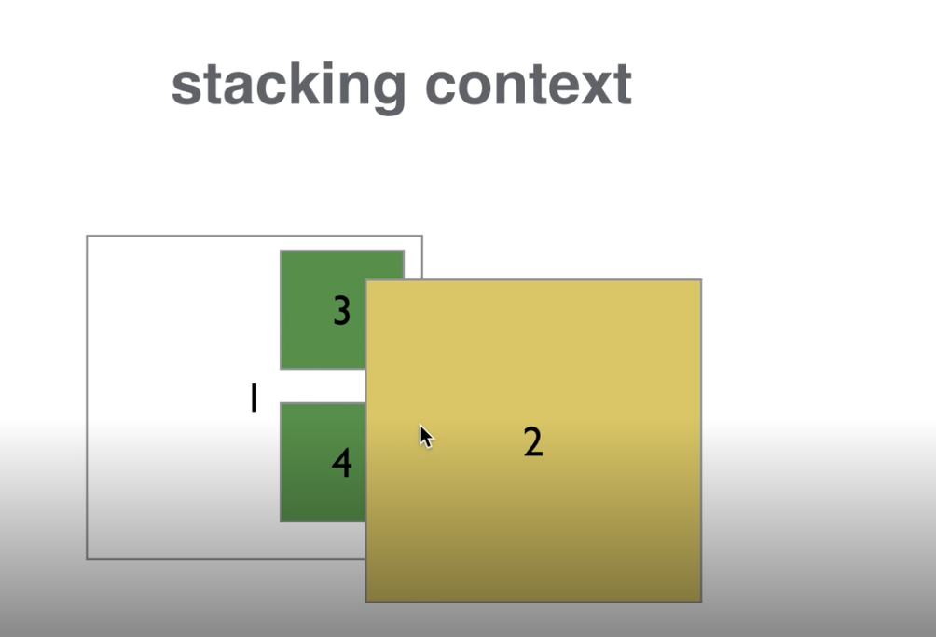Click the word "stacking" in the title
coord(288,86)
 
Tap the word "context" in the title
coord(529,86)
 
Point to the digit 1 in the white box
coord(253,399)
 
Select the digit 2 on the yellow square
coord(532,441)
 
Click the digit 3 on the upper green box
coord(341,311)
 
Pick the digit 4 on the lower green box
coord(341,463)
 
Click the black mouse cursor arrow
coord(425,436)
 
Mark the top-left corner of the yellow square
coord(366,280)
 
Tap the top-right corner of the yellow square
coord(700,280)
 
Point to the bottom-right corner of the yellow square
coord(700,602)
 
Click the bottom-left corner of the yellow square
coord(366,602)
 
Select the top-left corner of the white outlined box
coord(88,237)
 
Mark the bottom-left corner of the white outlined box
coord(88,558)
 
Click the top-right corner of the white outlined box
coord(421,237)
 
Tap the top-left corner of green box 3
coord(282,251)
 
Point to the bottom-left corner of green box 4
coord(282,521)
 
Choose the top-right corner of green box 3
coord(403,251)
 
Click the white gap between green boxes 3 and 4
coord(322,386)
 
